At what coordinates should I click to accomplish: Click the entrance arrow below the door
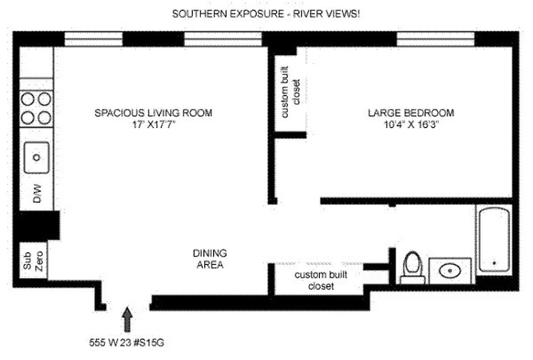click(x=128, y=319)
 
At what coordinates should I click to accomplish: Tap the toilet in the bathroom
click(x=412, y=267)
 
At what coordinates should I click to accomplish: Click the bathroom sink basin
click(x=449, y=271)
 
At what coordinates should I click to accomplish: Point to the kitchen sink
click(x=37, y=157)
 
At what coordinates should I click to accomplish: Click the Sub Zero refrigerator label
click(x=33, y=261)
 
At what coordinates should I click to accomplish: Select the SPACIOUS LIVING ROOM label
click(x=153, y=112)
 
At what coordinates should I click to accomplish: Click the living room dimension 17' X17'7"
click(x=153, y=125)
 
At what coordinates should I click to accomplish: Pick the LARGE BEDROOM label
click(x=411, y=112)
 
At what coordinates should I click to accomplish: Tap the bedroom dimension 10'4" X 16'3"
click(x=411, y=125)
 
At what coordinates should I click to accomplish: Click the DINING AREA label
click(x=210, y=259)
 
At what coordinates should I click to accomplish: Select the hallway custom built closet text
click(x=320, y=280)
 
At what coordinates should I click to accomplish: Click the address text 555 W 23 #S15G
click(x=126, y=342)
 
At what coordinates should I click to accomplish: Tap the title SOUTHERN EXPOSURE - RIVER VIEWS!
click(x=266, y=14)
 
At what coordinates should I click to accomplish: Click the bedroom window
click(x=435, y=39)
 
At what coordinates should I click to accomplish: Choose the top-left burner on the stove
click(x=28, y=98)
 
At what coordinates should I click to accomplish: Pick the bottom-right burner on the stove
click(x=44, y=117)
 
